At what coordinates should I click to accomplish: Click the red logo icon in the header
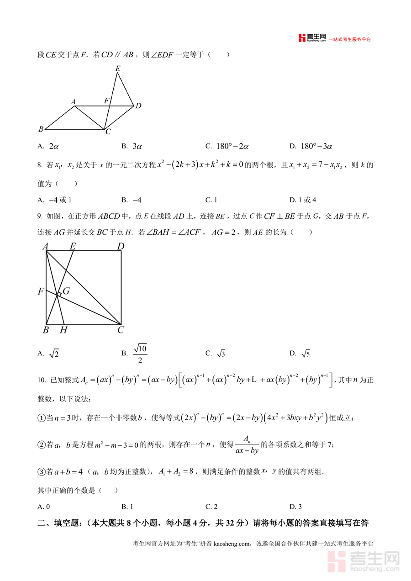[301, 38]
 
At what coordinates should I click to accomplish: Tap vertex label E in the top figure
[118, 69]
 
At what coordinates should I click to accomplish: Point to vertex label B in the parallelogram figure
[41, 129]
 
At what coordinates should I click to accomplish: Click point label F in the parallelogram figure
[106, 100]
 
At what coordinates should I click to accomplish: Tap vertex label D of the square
[121, 247]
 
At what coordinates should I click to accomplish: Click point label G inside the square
[66, 291]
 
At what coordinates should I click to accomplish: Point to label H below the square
[63, 330]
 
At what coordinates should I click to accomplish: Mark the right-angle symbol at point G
[59, 294]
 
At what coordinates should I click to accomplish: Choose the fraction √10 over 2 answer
[140, 354]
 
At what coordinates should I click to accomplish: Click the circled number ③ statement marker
[41, 472]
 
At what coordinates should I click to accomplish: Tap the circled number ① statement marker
[41, 417]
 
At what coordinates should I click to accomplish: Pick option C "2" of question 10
[215, 506]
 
